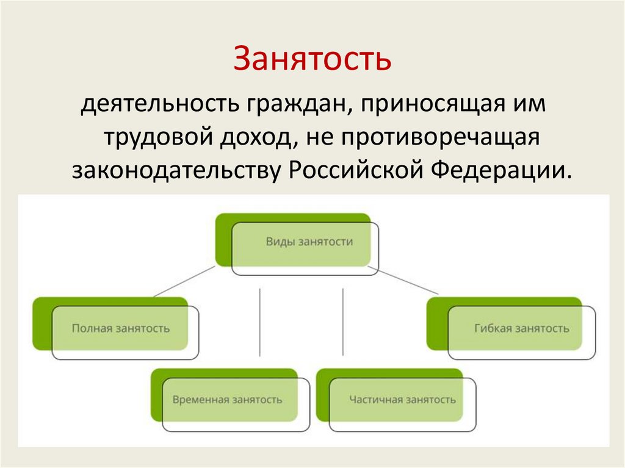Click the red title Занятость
[312, 59]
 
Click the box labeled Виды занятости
[309, 242]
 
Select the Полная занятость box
[121, 328]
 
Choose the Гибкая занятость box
[521, 328]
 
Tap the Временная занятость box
[227, 400]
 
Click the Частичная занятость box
[402, 400]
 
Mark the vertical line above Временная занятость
[260, 322]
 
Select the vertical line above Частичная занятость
[343, 322]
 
